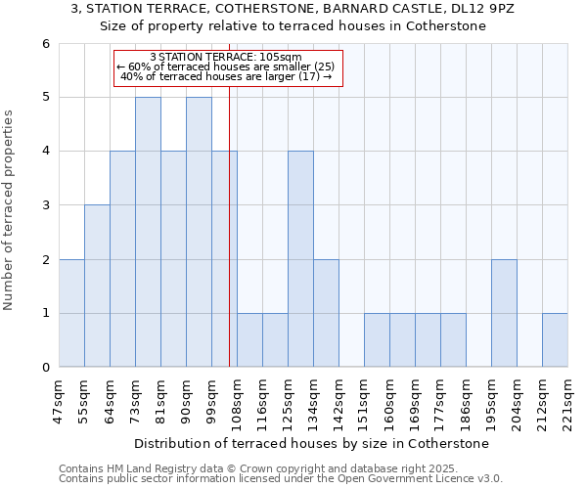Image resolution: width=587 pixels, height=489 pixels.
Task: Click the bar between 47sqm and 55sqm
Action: (71, 313)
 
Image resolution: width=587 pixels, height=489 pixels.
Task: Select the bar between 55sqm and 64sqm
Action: (97, 286)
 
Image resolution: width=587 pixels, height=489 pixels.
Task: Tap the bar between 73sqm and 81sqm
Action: (148, 232)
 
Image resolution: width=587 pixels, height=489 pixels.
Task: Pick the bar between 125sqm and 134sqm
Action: (300, 259)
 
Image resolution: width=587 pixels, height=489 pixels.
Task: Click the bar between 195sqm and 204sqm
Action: (504, 313)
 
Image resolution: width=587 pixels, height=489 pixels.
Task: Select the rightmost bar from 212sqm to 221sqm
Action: (555, 340)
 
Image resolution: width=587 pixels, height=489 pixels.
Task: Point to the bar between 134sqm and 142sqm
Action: (326, 313)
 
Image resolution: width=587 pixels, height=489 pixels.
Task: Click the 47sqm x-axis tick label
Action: (60, 400)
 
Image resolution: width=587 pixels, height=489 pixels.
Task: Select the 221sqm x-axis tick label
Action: (568, 400)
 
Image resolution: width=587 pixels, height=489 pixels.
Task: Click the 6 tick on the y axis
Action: (45, 44)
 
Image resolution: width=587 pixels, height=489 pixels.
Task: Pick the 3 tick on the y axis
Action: (45, 205)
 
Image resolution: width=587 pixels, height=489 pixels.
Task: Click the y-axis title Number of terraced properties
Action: (10, 210)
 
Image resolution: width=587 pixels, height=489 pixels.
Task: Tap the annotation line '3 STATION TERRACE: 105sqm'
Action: (226, 58)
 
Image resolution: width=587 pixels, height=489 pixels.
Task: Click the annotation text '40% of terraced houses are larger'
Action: (226, 77)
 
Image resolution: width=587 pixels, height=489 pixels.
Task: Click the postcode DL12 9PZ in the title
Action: (485, 9)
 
